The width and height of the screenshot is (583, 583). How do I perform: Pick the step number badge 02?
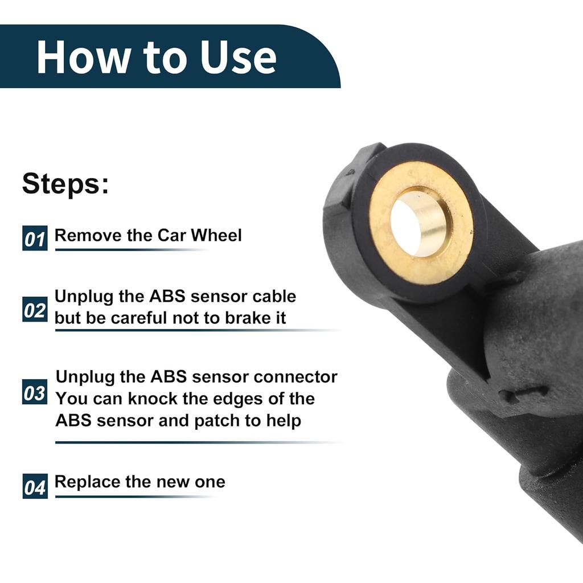(x=35, y=311)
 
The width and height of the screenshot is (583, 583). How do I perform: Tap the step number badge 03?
(x=35, y=393)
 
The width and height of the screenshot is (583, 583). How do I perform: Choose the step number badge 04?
(x=35, y=487)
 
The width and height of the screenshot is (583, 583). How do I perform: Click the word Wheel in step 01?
(x=216, y=235)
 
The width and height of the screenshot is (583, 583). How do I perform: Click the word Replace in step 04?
(x=87, y=482)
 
